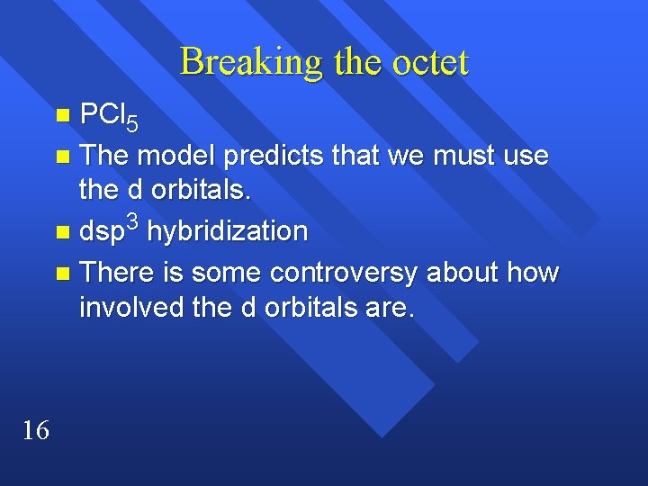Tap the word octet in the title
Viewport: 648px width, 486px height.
432,62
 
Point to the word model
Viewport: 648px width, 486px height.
179,155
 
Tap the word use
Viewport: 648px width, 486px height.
525,155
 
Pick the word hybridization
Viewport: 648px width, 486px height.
226,231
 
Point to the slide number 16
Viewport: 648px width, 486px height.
35,431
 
